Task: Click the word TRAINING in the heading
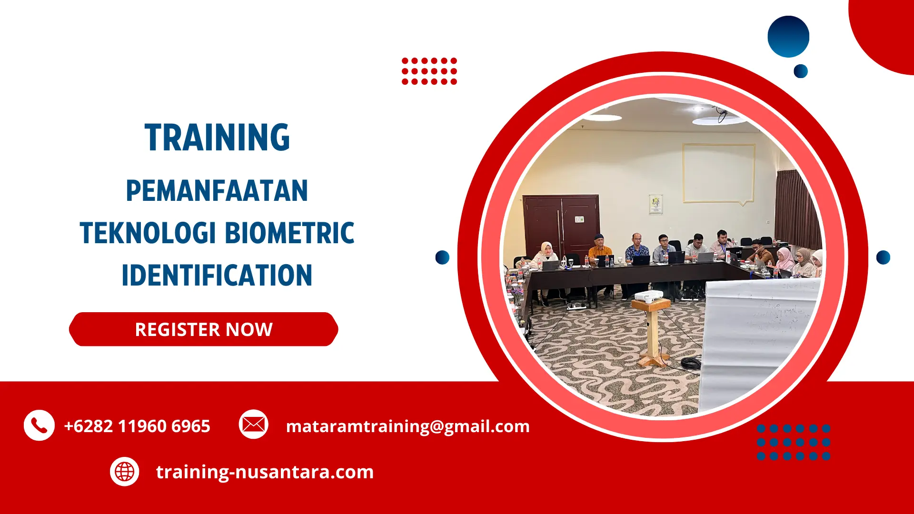pos(217,138)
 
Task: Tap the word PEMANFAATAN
pos(217,191)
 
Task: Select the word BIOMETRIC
pos(289,233)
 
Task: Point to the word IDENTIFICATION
pos(217,276)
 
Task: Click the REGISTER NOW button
pos(204,329)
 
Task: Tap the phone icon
pos(39,425)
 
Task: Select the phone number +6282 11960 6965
pos(137,426)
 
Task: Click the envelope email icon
pos(253,424)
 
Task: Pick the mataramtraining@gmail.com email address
pos(407,426)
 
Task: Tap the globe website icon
pos(125,472)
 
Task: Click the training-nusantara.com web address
pos(265,472)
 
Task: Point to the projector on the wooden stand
pos(649,297)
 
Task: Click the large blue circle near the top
pos(788,37)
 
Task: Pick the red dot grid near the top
pos(429,71)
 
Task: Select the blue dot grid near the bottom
pos(794,442)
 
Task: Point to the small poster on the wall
pos(656,204)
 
